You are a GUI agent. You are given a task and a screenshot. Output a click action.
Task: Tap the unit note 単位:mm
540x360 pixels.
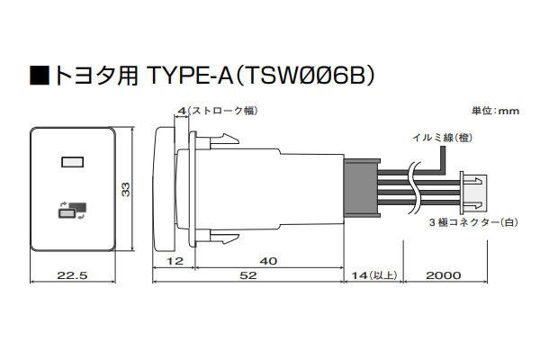point(496,111)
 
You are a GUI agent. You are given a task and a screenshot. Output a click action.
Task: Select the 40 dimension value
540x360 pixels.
point(267,261)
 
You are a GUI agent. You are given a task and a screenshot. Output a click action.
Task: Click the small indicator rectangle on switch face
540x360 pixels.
point(69,163)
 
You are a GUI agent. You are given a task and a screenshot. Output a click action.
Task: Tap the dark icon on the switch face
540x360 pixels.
point(70,211)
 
